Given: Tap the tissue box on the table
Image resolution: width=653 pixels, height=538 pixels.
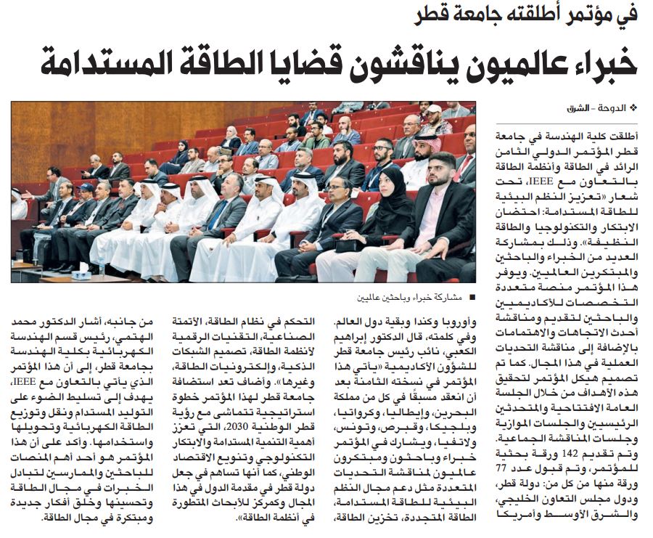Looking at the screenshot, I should (x=81, y=274).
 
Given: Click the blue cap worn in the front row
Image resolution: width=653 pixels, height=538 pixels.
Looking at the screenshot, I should (x=86, y=187).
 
